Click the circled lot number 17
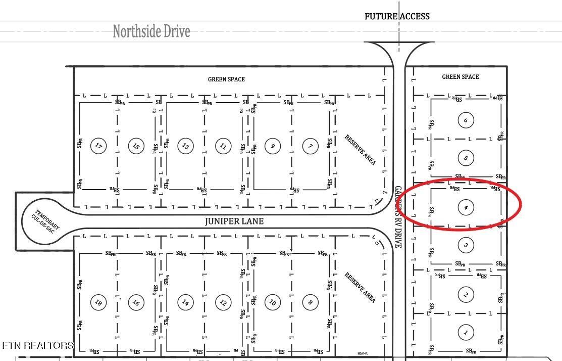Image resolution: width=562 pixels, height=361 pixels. coord(98,146)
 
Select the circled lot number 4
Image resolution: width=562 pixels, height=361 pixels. coord(466,207)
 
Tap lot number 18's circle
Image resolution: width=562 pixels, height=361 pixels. coord(98,302)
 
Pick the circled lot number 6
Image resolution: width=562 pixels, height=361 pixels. coord(466,120)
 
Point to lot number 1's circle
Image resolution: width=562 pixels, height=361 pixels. coord(466,332)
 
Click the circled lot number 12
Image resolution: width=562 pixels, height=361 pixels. coord(223,302)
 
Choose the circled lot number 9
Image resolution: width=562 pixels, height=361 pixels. coord(273,146)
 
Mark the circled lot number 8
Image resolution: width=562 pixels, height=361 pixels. coord(310,302)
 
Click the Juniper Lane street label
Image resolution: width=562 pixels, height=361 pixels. coord(234,221)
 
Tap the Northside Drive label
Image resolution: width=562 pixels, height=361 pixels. coord(151,31)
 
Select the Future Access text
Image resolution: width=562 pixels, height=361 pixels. coord(397,16)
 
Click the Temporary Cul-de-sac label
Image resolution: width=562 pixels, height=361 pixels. coord(45,221)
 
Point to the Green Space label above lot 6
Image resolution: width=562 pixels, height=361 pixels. coord(461,77)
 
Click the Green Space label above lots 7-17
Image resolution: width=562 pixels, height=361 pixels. coord(226,79)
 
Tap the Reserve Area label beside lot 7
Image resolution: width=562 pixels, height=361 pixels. coord(361,150)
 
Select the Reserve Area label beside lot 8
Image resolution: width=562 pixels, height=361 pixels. coord(361,287)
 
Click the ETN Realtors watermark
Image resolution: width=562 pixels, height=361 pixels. coord(38,345)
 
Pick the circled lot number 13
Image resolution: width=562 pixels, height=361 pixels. coord(185,146)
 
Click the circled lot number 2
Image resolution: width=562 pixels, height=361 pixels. coord(466,294)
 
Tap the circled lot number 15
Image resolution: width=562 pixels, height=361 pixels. coord(136,146)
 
